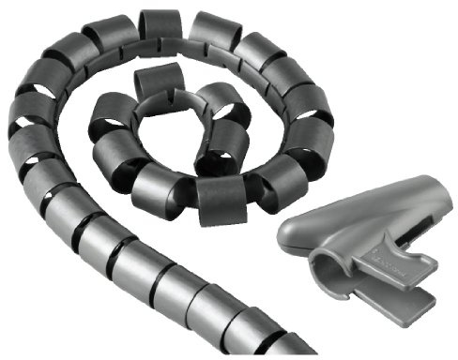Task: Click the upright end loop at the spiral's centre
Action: [x=157, y=85]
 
